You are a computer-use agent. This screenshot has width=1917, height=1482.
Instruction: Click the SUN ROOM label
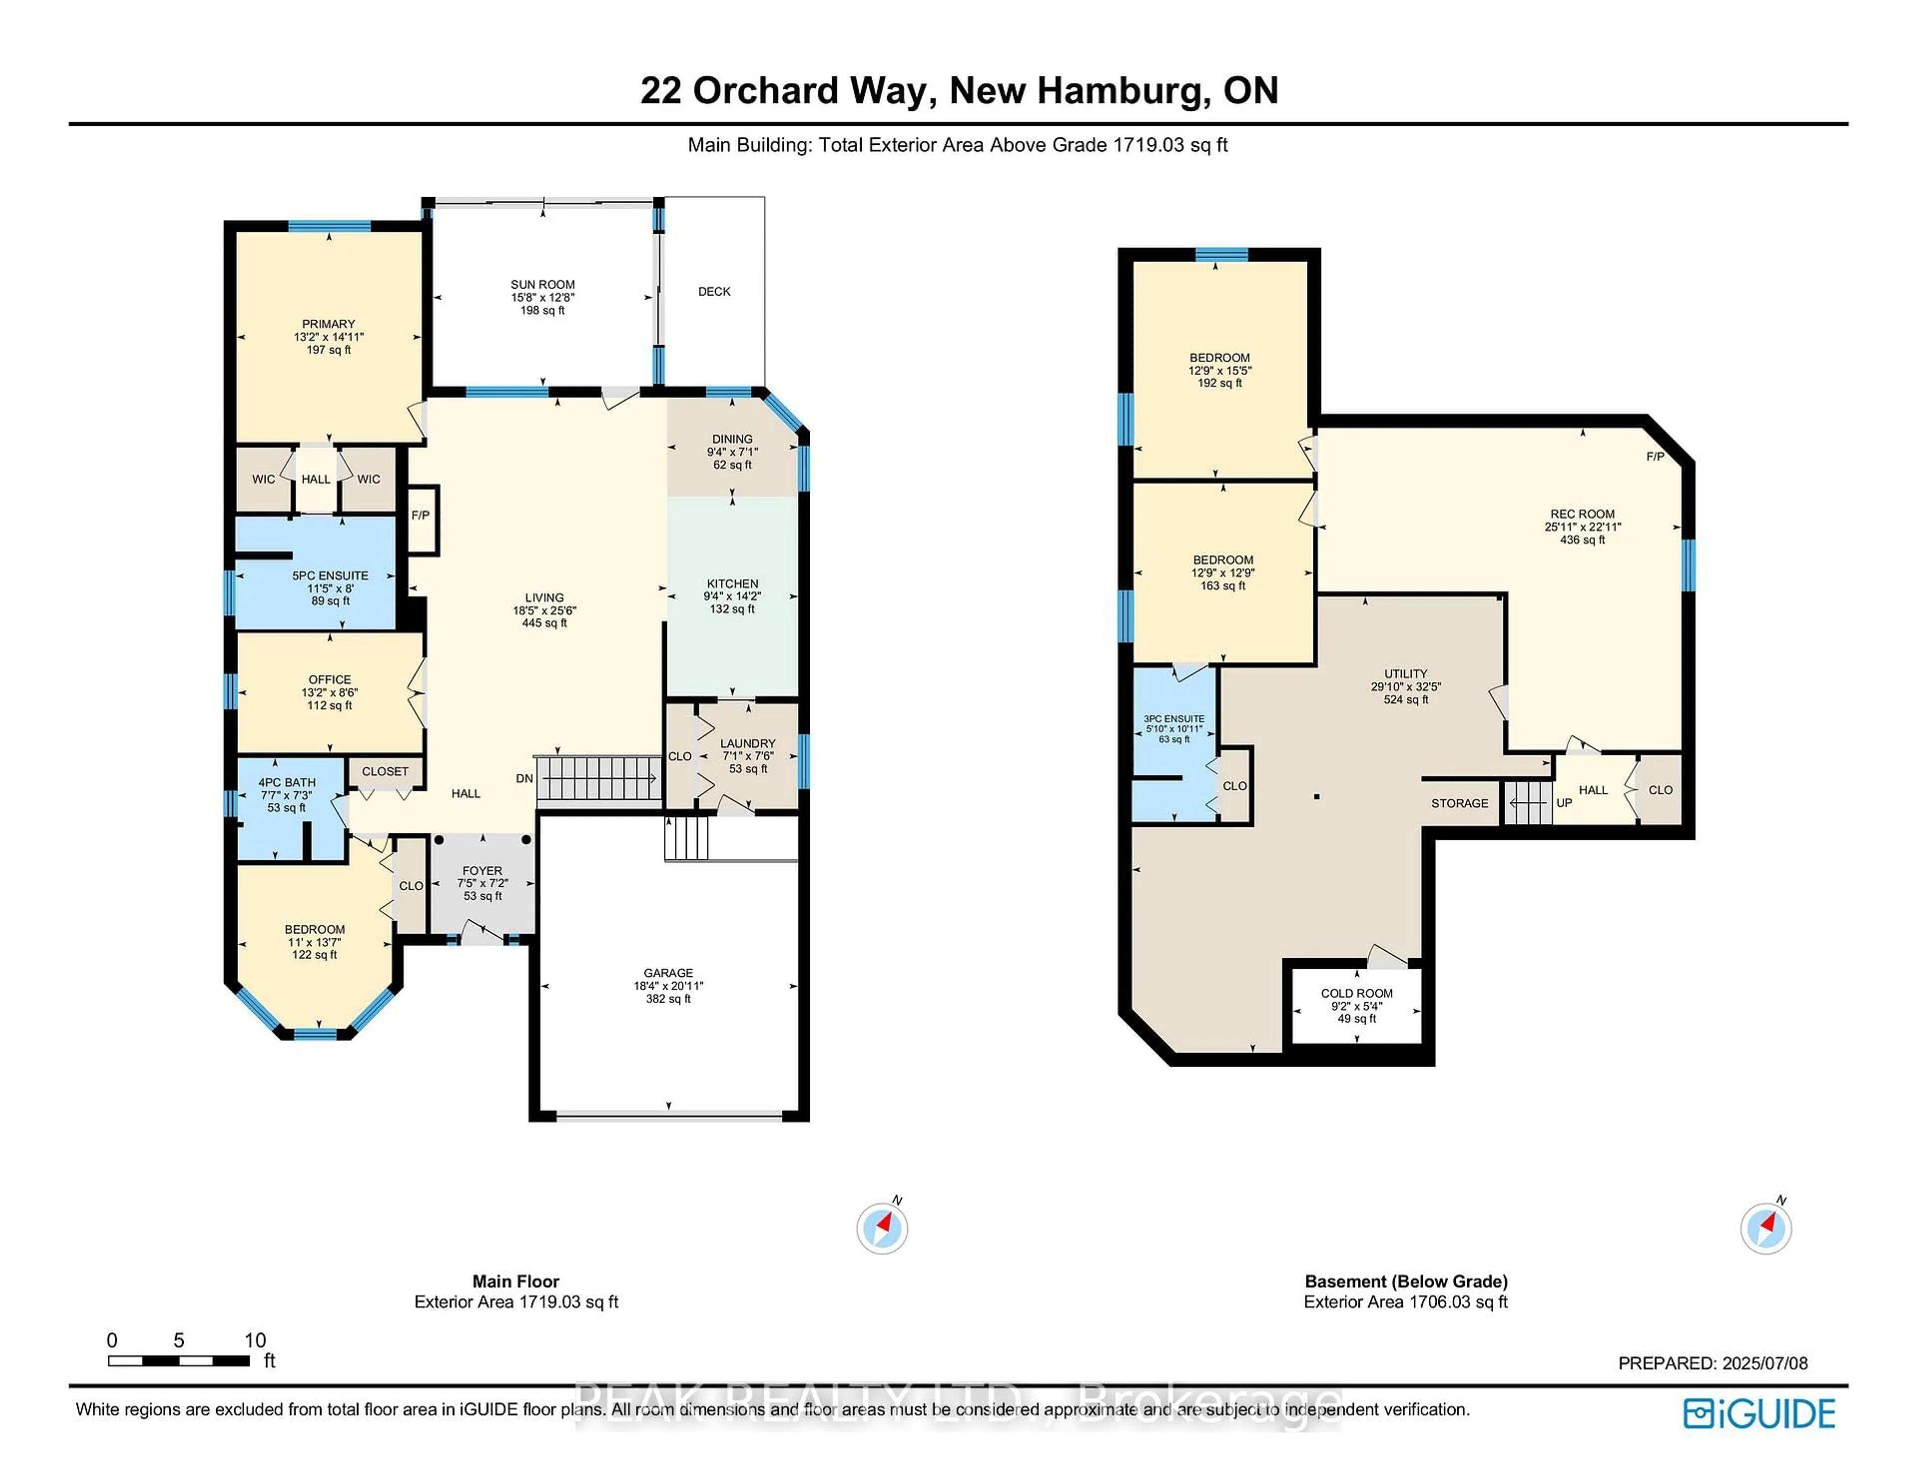point(543,285)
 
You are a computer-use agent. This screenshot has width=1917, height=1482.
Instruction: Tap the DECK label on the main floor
point(713,292)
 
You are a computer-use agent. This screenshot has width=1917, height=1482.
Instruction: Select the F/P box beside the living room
point(420,516)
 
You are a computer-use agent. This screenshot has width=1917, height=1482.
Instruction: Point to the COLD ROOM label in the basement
point(1356,994)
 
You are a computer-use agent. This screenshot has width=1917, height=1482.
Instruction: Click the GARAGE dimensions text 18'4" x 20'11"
point(668,986)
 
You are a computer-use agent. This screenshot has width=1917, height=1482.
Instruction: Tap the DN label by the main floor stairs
point(524,779)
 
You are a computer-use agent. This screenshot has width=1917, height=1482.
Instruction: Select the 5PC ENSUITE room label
point(330,576)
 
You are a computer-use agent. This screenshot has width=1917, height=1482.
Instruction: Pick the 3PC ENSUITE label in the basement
point(1174,719)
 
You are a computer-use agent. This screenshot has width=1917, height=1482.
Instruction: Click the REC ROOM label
point(1582,514)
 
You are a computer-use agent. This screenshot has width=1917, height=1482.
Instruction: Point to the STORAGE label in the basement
point(1459,803)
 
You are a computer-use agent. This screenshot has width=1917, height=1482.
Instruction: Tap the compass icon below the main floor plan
point(882,1227)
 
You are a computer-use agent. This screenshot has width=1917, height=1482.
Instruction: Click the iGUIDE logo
point(1759,1414)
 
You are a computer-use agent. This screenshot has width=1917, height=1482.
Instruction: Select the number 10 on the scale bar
point(255,1340)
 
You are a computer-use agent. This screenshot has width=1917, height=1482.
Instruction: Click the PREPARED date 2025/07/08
point(1764,1364)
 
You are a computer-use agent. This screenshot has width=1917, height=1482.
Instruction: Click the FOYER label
point(482,871)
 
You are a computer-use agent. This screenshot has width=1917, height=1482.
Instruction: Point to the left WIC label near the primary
point(263,479)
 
